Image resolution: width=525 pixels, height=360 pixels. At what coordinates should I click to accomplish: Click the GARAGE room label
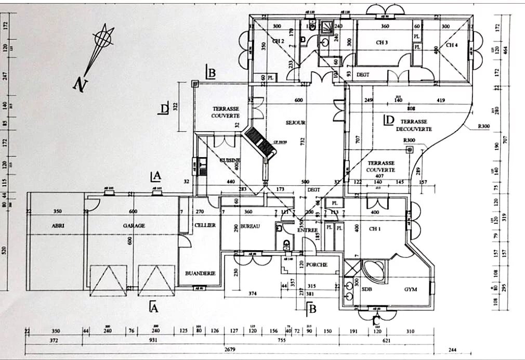coord(134,226)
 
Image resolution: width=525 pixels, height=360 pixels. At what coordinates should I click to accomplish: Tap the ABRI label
coord(58,226)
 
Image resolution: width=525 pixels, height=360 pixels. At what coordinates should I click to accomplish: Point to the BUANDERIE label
coord(200,273)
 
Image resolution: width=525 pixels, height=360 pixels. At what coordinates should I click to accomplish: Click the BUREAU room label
coord(250,227)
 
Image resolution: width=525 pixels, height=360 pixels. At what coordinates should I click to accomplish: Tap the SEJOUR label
coord(295,123)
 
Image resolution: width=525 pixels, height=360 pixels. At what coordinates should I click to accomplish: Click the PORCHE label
coord(317,264)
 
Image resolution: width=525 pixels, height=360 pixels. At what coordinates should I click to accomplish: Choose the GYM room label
coord(412,289)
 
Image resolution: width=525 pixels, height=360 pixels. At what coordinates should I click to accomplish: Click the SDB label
coord(366,289)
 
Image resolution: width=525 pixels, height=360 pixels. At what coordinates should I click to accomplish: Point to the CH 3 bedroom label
coord(382,42)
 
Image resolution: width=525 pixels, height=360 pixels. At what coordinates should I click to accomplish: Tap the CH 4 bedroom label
coord(452,45)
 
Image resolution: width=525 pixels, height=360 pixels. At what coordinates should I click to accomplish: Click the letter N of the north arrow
coord(79,84)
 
